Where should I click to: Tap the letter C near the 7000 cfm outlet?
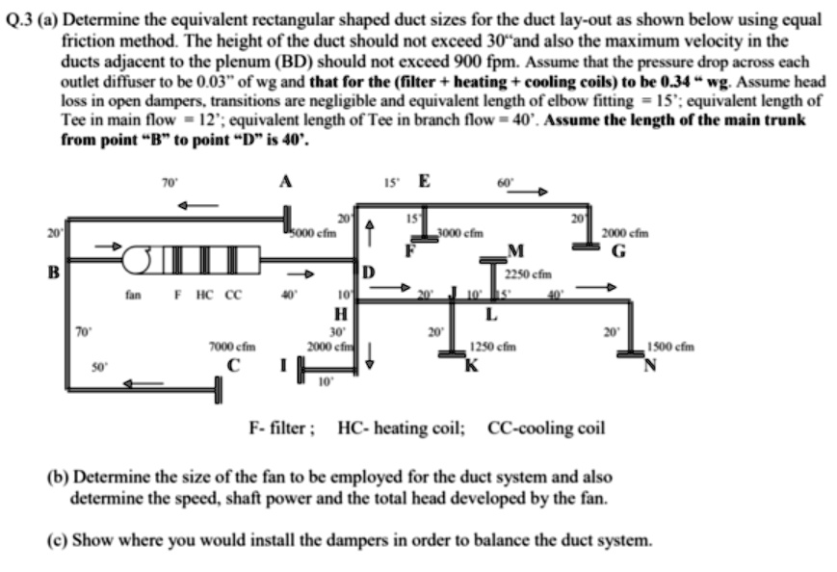(234, 364)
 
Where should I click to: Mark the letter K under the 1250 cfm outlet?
(471, 363)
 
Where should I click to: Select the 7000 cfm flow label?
(232, 346)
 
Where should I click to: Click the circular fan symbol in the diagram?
(143, 259)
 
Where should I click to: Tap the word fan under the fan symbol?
(133, 296)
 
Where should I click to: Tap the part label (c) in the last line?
(57, 539)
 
